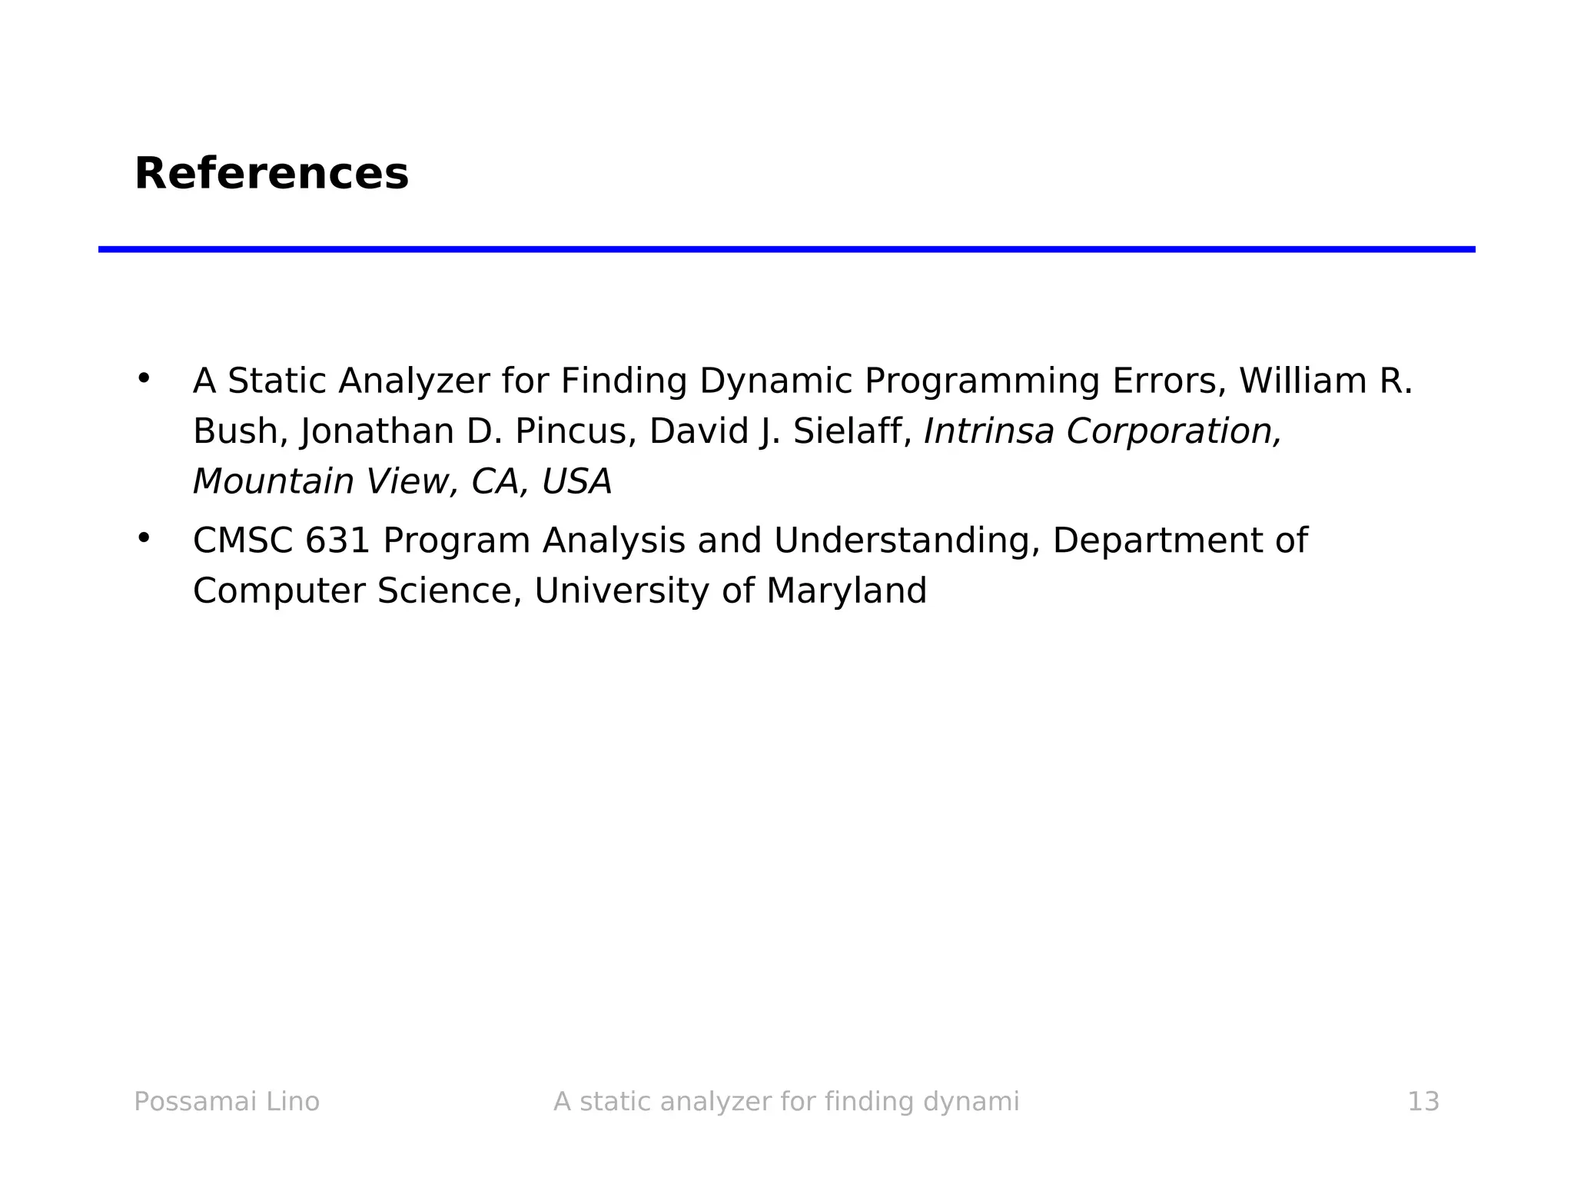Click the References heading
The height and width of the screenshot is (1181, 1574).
pos(271,174)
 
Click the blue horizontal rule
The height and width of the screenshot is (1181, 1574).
pos(786,249)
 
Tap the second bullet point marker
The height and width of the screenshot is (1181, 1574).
pos(143,537)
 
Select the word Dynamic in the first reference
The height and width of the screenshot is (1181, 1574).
pos(775,381)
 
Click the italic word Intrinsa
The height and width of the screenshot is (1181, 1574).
pos(988,431)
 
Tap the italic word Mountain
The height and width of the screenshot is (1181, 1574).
pos(273,482)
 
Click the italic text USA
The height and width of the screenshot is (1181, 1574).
pos(576,482)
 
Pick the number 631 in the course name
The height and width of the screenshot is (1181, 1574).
pos(338,541)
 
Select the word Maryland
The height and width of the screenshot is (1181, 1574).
pos(846,591)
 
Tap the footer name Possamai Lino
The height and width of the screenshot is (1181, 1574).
pos(227,1102)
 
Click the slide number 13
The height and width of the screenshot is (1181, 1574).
pos(1423,1102)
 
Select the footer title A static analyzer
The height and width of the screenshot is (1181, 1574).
pos(785,1102)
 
